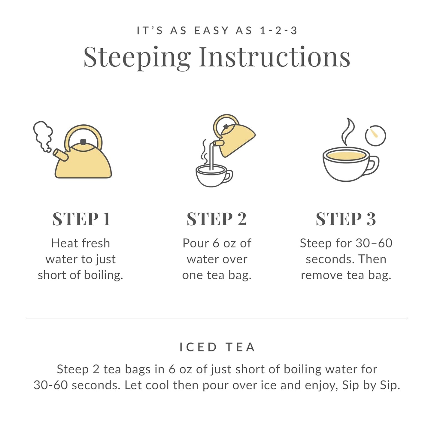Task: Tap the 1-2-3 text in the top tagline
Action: pyautogui.click(x=278, y=31)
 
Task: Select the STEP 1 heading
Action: pyautogui.click(x=81, y=219)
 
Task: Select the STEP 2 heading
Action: pyautogui.click(x=217, y=219)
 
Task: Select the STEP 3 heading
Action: pyautogui.click(x=346, y=219)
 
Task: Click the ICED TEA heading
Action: pyautogui.click(x=217, y=347)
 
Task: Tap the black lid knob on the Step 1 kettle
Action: pyautogui.click(x=83, y=142)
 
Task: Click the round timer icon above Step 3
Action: pyautogui.click(x=375, y=136)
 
